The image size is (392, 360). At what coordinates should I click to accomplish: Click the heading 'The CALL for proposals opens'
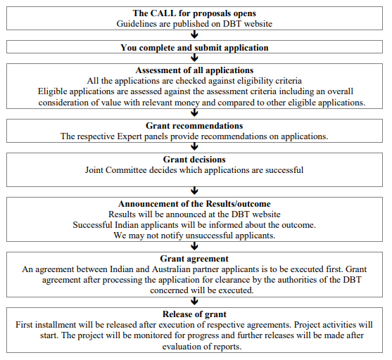[194, 13]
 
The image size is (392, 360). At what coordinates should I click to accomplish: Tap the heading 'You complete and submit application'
[194, 48]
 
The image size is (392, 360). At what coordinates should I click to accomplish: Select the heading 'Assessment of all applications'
[194, 70]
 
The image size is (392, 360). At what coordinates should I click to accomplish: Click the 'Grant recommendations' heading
[194, 126]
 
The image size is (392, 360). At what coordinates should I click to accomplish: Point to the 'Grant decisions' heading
[194, 160]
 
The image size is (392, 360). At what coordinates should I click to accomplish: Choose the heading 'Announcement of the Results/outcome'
[194, 204]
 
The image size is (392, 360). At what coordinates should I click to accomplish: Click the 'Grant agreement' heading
[194, 259]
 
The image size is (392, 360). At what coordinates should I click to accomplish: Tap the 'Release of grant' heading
[194, 314]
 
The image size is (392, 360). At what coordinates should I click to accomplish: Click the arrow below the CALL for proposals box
[194, 34]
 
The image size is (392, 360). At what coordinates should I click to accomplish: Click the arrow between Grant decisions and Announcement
[194, 191]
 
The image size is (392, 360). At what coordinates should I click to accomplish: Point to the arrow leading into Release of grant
[194, 302]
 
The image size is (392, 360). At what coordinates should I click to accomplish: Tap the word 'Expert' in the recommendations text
[129, 136]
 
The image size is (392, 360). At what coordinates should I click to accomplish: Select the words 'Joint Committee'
[116, 170]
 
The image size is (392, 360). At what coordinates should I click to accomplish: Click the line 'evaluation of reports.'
[202, 347]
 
